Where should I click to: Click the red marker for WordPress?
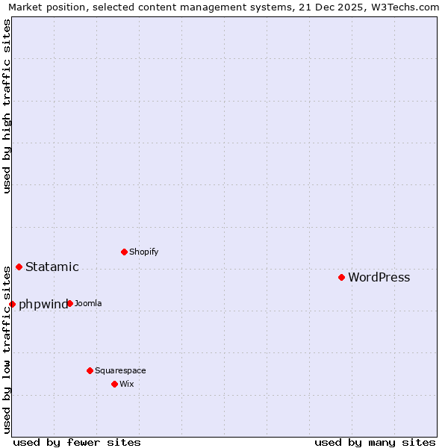coord(341,277)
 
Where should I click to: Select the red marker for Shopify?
coord(124,252)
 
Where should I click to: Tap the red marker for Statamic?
coord(19,267)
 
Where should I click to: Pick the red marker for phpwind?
coord(12,304)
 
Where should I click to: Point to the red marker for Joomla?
coord(69,303)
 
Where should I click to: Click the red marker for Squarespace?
coord(90,370)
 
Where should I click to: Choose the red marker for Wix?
coord(114,384)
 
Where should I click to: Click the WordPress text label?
coord(379,278)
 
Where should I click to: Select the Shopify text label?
coord(143,252)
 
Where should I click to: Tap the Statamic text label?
coord(52,267)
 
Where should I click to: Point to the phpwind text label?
coord(43,305)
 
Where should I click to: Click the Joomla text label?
coord(88,304)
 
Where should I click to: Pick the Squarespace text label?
coord(120,371)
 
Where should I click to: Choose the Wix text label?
coord(126,385)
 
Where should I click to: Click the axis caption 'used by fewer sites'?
coord(77,442)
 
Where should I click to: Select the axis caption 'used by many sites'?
coord(375,442)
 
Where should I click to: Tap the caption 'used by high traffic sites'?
coord(7,106)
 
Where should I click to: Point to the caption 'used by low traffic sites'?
coord(7,349)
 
